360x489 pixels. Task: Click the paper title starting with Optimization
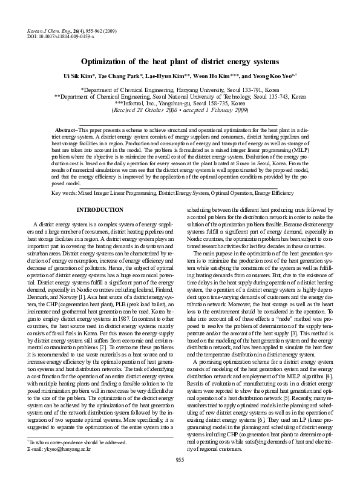(180, 62)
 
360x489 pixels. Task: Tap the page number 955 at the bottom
(179, 478)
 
